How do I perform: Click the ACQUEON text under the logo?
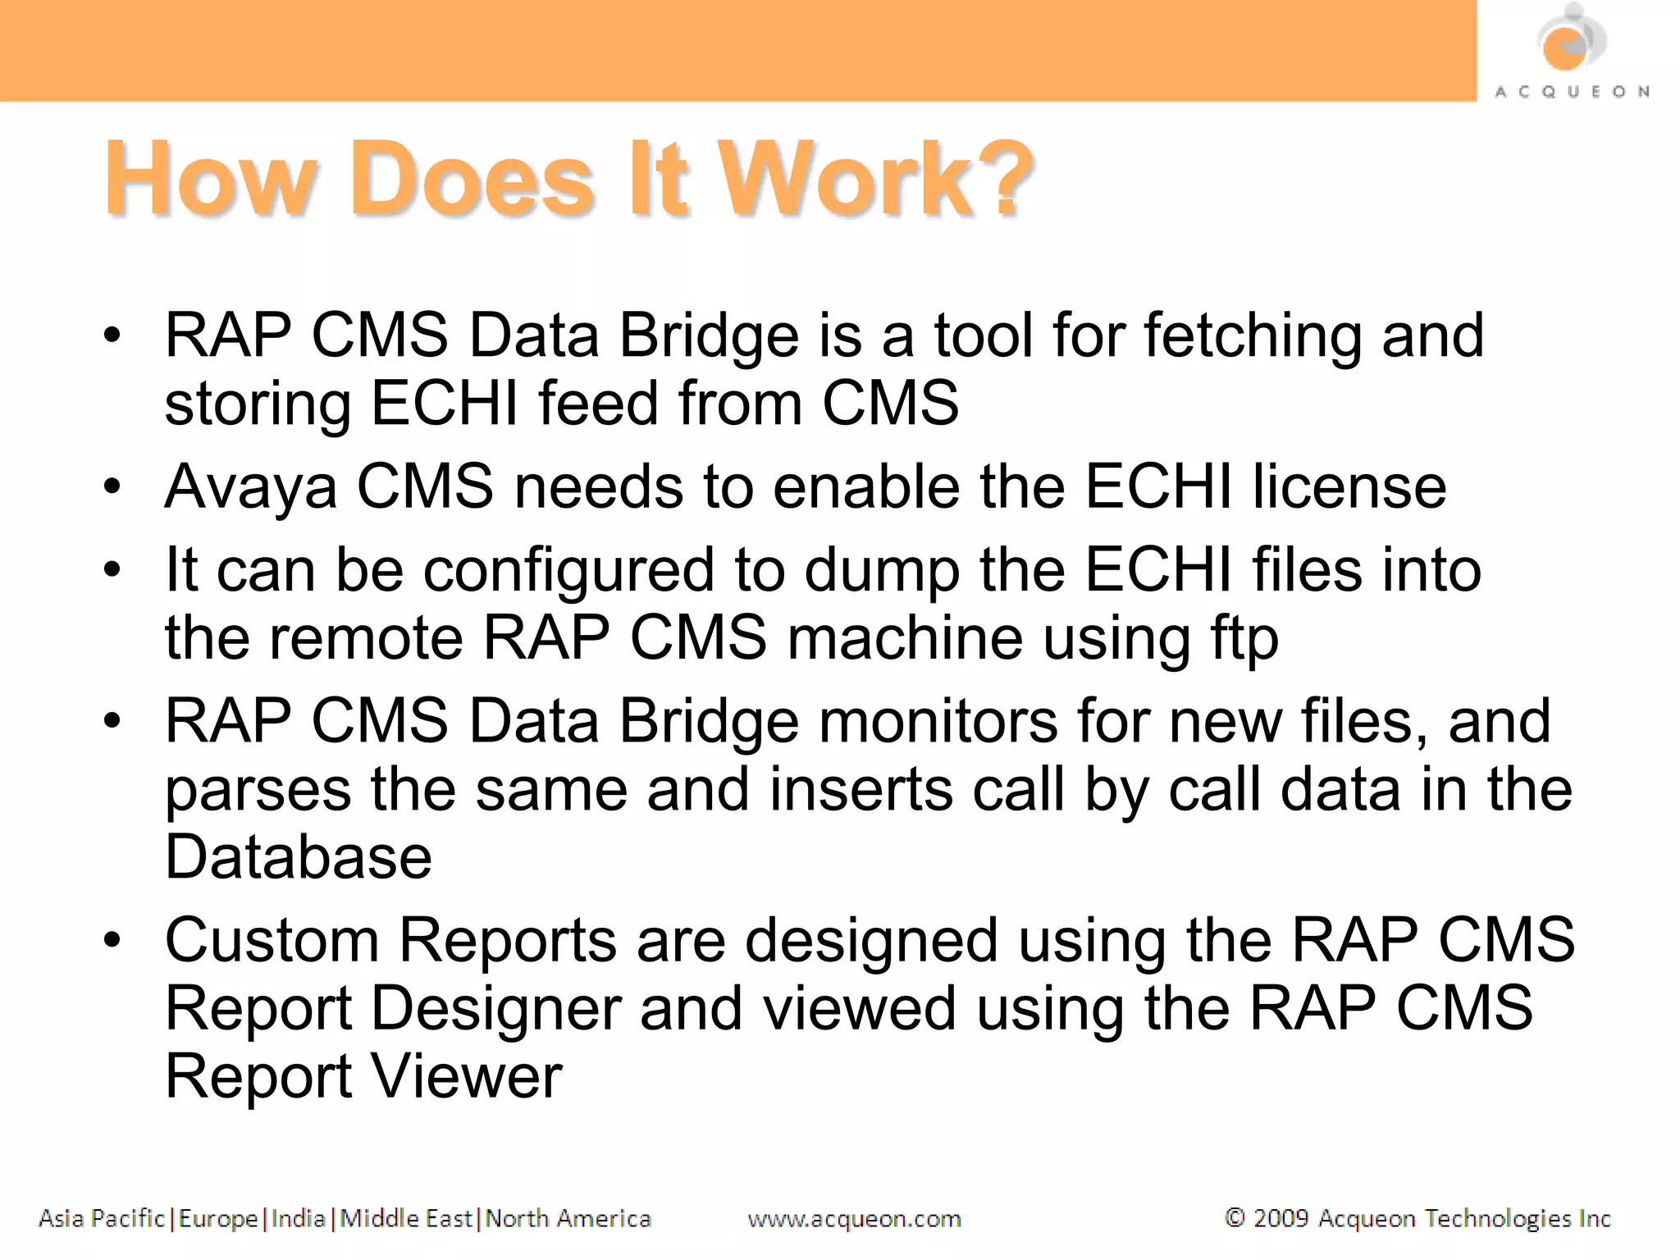click(x=1572, y=92)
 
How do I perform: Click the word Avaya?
click(x=251, y=487)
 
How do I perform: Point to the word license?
click(x=1349, y=487)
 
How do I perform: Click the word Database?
click(x=299, y=857)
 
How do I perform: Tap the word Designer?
click(x=496, y=1008)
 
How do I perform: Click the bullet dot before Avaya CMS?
click(x=112, y=486)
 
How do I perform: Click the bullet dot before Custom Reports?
click(x=112, y=939)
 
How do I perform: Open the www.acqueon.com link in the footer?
click(x=854, y=1219)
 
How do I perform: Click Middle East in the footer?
click(x=406, y=1219)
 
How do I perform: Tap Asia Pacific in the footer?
click(x=102, y=1219)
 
